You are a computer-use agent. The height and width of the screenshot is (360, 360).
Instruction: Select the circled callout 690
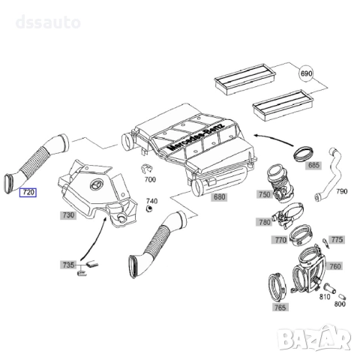coord(307,75)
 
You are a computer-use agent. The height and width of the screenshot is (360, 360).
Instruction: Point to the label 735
coord(68,265)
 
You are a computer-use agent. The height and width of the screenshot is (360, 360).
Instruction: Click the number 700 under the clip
coord(150,181)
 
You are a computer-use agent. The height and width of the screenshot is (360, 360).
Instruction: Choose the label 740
coord(152,202)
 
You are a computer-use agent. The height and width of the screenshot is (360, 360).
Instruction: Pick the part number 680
coord(219,198)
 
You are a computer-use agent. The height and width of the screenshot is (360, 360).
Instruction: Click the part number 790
coord(341,192)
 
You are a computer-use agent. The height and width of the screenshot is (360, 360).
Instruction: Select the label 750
coord(264,195)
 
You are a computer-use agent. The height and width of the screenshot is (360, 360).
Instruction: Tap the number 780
coord(264,222)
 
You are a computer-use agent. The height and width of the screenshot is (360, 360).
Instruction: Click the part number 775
coord(337,240)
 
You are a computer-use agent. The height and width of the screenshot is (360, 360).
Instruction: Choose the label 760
coord(335,266)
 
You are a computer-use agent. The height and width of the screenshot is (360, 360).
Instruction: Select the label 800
coord(339,304)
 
